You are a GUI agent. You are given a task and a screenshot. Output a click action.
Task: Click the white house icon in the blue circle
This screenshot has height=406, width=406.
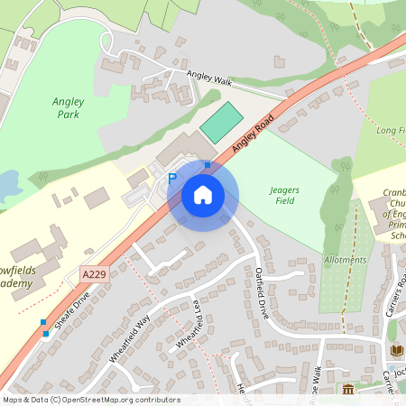click(x=203, y=194)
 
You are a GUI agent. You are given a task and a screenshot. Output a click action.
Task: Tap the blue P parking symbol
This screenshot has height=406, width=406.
click(x=172, y=179)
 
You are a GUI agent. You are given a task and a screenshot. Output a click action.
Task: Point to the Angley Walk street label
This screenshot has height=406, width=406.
click(x=209, y=79)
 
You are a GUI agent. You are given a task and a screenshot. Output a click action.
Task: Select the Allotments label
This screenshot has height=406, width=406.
click(x=346, y=260)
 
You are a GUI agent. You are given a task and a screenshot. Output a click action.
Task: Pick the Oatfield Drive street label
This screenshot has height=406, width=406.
click(x=262, y=291)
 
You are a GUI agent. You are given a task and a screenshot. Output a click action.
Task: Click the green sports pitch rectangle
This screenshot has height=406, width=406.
click(x=222, y=123)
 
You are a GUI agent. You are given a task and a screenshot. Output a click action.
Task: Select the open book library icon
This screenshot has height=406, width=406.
click(x=395, y=350)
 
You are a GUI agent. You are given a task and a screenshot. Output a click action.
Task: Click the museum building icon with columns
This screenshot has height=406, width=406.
click(x=348, y=390)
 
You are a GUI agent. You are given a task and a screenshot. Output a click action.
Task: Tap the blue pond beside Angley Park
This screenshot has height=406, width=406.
click(x=9, y=187)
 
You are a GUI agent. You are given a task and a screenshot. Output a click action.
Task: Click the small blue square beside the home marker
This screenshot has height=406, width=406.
click(x=207, y=165)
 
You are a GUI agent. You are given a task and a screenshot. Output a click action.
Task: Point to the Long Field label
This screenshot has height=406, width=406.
click(x=389, y=132)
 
